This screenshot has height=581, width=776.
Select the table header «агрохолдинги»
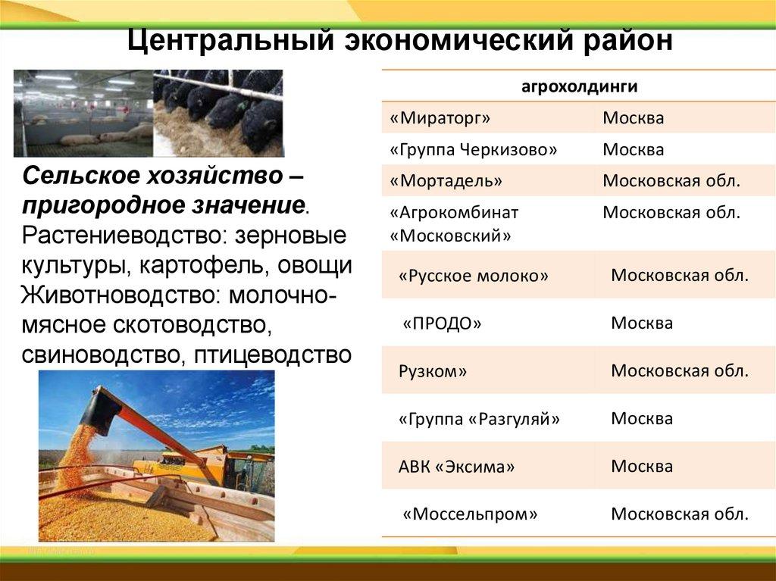(579, 86)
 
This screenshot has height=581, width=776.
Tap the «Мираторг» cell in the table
(440, 118)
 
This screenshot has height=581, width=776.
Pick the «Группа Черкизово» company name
(473, 149)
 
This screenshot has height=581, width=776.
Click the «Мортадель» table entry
(446, 181)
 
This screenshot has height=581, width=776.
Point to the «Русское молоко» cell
(474, 276)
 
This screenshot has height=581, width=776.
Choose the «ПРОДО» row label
(442, 323)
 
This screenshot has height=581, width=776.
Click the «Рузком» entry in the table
(433, 371)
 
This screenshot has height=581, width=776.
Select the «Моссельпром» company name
(470, 514)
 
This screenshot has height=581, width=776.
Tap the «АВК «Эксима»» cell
(456, 467)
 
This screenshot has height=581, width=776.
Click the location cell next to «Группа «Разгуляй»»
(642, 419)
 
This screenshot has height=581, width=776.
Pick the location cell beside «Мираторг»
(633, 118)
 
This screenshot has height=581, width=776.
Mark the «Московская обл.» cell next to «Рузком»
(680, 371)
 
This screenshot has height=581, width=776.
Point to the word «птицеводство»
(273, 355)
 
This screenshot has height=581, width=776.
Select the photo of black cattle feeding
(218, 114)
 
